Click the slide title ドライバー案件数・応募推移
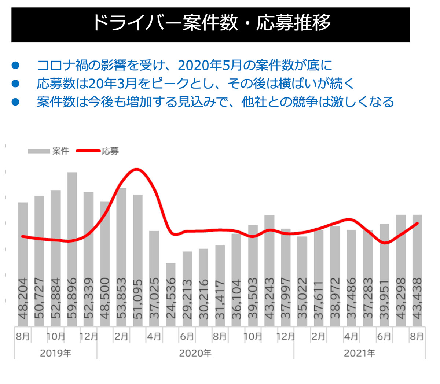click(x=210, y=23)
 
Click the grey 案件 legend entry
click(x=48, y=151)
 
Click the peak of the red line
click(x=136, y=169)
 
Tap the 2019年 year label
click(x=55, y=353)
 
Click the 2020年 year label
click(x=195, y=353)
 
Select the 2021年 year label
click(x=359, y=353)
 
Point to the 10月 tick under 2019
click(x=56, y=336)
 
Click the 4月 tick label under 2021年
click(x=351, y=336)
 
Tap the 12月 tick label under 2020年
click(x=286, y=336)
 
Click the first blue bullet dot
click(x=15, y=66)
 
